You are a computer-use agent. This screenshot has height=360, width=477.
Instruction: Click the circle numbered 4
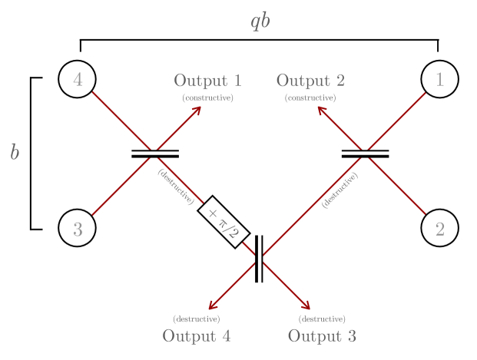[77, 79]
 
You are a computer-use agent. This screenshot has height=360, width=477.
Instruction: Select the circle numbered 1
[440, 79]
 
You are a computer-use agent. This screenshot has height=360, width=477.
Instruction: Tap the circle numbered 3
[77, 228]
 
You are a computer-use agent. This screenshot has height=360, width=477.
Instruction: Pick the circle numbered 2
[440, 228]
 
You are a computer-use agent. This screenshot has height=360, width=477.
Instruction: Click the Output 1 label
[207, 81]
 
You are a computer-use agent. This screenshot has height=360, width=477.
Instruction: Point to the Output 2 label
[310, 81]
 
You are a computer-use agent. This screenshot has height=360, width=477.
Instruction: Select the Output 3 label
[322, 336]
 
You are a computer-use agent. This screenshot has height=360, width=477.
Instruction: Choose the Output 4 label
[196, 336]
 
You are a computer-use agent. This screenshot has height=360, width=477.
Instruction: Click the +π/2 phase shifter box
[224, 223]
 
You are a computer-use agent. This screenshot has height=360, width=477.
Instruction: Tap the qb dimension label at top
[260, 21]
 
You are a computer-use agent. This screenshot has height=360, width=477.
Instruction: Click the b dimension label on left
[15, 153]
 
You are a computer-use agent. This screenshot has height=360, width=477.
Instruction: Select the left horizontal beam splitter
[155, 154]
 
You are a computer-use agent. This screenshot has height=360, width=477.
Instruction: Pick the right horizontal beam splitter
[365, 154]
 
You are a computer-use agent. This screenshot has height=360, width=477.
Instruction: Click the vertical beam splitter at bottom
[259, 259]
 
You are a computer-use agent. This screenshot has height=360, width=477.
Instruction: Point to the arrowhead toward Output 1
[197, 110]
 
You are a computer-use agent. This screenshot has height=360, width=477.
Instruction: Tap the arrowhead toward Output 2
[322, 110]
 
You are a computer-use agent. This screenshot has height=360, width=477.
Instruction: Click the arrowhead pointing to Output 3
[306, 306]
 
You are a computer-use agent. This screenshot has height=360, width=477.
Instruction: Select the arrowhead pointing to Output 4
[212, 306]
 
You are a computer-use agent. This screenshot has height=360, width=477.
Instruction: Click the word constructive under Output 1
[207, 98]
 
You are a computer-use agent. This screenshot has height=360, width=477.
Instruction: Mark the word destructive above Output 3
[321, 319]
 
